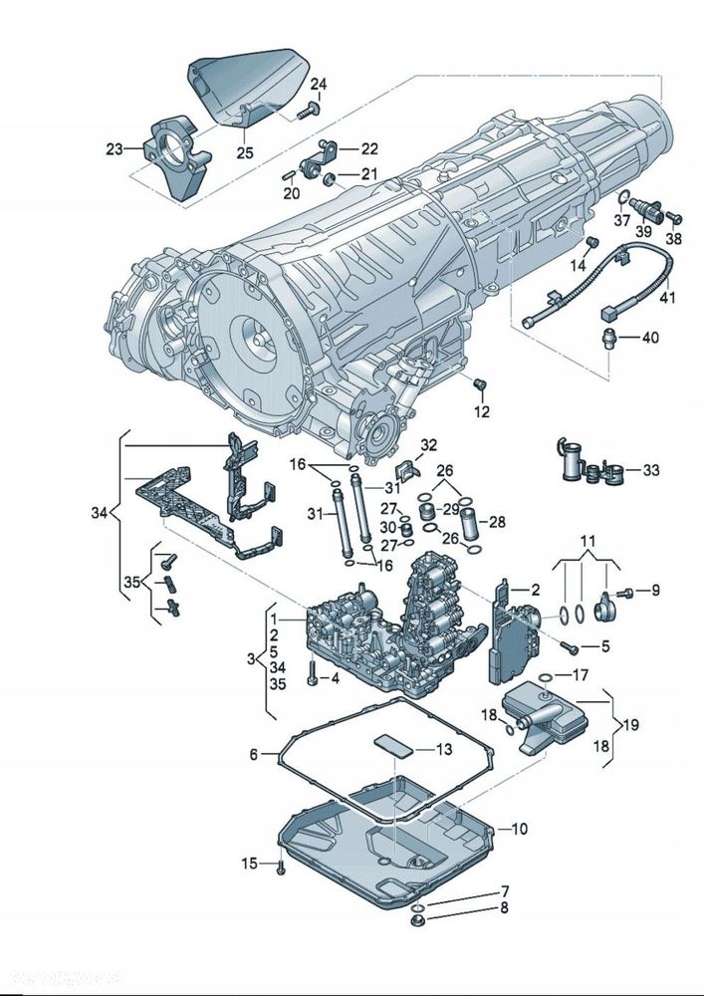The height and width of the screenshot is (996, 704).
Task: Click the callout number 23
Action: [x=115, y=149]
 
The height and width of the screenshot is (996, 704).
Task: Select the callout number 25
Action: [x=244, y=152]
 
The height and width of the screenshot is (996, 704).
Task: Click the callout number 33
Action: [x=650, y=469]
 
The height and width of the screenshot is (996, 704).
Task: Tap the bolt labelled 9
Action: [x=623, y=592]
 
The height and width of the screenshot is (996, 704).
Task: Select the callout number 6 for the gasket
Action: [x=253, y=755]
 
